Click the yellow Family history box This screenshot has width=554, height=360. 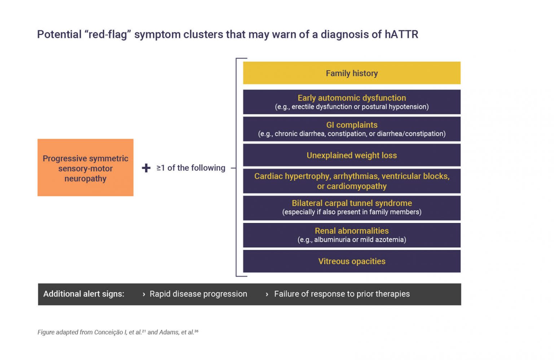[352, 73]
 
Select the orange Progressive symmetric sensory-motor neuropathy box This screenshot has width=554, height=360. [85, 168]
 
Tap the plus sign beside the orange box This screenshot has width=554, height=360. [146, 168]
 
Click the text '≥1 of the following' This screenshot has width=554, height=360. [191, 168]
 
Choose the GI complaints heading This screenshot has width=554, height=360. [352, 125]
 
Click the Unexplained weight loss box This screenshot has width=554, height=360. [352, 155]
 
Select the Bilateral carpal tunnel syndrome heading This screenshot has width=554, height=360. [352, 203]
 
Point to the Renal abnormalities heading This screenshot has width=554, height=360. [352, 231]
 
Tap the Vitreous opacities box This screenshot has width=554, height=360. [352, 261]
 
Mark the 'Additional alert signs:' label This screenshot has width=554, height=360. [84, 294]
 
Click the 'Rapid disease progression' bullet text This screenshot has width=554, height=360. [198, 294]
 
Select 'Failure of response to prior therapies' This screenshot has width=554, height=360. [342, 294]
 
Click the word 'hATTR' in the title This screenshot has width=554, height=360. [401, 35]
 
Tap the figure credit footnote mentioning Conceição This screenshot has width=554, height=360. [118, 332]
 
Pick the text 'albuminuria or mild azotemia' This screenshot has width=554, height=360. [359, 240]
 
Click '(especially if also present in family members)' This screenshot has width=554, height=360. [352, 212]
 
